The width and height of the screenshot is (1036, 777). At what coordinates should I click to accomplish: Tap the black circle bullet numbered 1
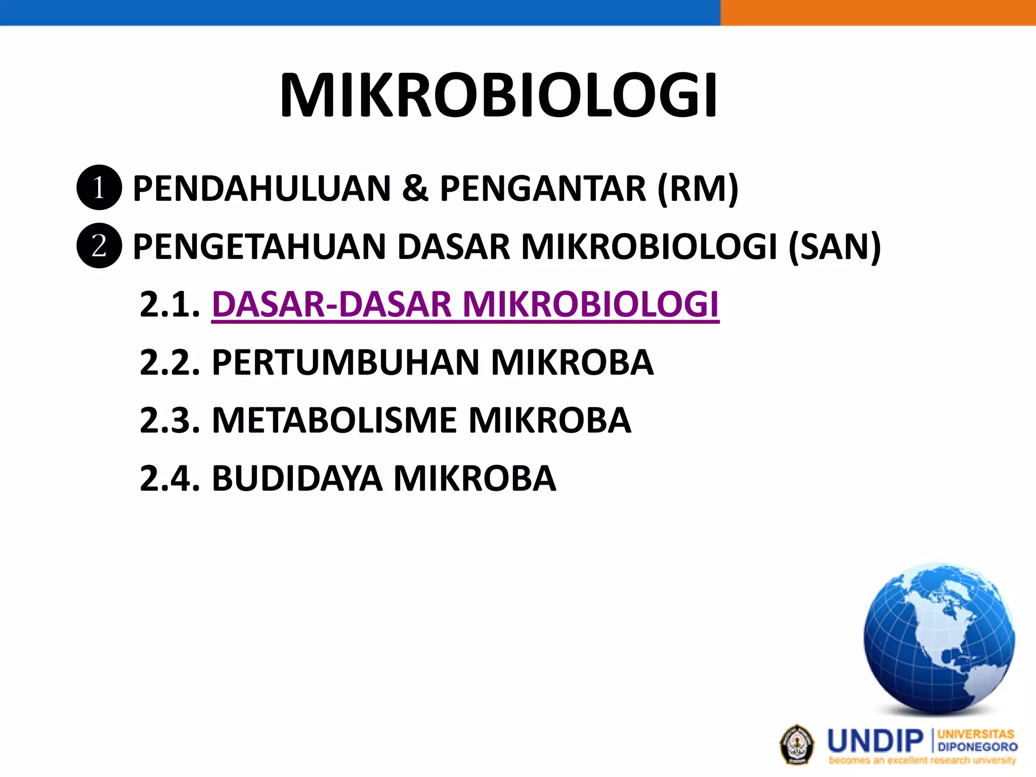coord(99,188)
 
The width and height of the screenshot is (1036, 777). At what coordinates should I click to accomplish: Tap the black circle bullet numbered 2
coord(99,246)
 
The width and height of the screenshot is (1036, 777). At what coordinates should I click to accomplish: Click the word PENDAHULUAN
coord(262,189)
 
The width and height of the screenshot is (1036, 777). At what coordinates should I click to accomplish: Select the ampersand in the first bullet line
coord(415,189)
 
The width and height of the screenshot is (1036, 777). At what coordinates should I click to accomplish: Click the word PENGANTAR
coord(543,189)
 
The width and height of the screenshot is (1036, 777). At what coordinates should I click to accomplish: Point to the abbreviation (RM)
coord(698,189)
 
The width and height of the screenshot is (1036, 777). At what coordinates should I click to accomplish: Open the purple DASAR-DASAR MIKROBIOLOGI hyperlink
coord(465,305)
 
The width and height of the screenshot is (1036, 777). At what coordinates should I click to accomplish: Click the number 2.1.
coord(169,305)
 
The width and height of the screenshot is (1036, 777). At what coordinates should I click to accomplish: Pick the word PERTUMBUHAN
coord(346,363)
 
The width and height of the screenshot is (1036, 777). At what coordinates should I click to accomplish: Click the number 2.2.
coord(169,363)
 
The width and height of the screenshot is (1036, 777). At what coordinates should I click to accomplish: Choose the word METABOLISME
coord(334,420)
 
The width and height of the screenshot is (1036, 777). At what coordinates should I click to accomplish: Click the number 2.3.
coord(169,420)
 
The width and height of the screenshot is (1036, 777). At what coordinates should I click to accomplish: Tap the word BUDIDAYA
coord(297,479)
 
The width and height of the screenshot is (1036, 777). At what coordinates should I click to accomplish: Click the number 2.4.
coord(169,479)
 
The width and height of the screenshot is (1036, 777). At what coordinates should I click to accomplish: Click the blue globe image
coord(939,638)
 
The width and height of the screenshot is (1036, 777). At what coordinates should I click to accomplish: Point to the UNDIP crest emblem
coord(797,744)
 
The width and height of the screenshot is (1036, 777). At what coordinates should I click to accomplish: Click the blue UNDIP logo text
coord(876,742)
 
